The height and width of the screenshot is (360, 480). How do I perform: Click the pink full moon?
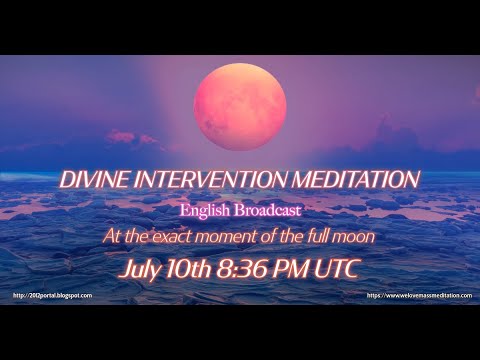pos(240,106)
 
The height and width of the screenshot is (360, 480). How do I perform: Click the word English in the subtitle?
pos(204,211)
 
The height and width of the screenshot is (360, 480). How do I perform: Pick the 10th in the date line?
pos(192,268)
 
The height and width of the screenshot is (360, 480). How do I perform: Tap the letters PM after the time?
pos(295,268)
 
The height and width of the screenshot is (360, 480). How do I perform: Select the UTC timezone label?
pos(339,268)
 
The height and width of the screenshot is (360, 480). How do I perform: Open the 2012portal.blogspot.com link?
pos(53,296)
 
